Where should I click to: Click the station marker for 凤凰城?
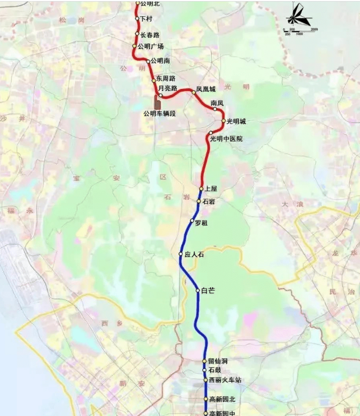pyautogui.click(x=193, y=93)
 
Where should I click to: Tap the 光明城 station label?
pyautogui.click(x=236, y=121)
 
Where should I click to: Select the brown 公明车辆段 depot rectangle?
pyautogui.click(x=158, y=102)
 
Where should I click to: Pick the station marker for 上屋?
pyautogui.click(x=201, y=189)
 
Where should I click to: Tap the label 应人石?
pyautogui.click(x=194, y=255)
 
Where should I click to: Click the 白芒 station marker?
pyautogui.click(x=198, y=290)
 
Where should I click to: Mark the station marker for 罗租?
pyautogui.click(x=192, y=221)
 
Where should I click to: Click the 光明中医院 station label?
pyautogui.click(x=226, y=138)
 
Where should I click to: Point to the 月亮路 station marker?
pyautogui.click(x=161, y=95)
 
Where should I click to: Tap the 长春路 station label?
pyautogui.click(x=149, y=35)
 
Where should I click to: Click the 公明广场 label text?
pyautogui.click(x=151, y=47)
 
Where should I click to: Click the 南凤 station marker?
pyautogui.click(x=215, y=109)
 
